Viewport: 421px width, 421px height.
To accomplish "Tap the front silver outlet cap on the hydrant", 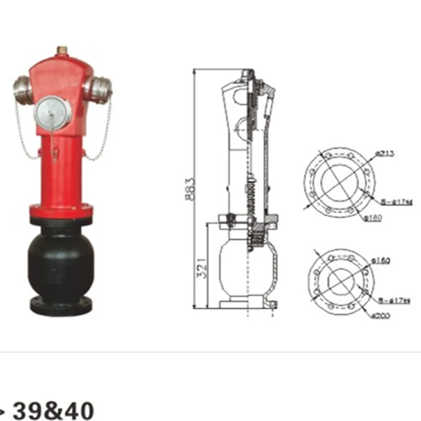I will (x=53, y=111).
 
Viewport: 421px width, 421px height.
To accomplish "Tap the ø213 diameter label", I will (x=384, y=154).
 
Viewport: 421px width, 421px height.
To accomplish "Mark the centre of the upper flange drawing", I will (x=339, y=182).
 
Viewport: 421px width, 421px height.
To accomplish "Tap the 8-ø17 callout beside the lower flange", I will (x=395, y=299).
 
